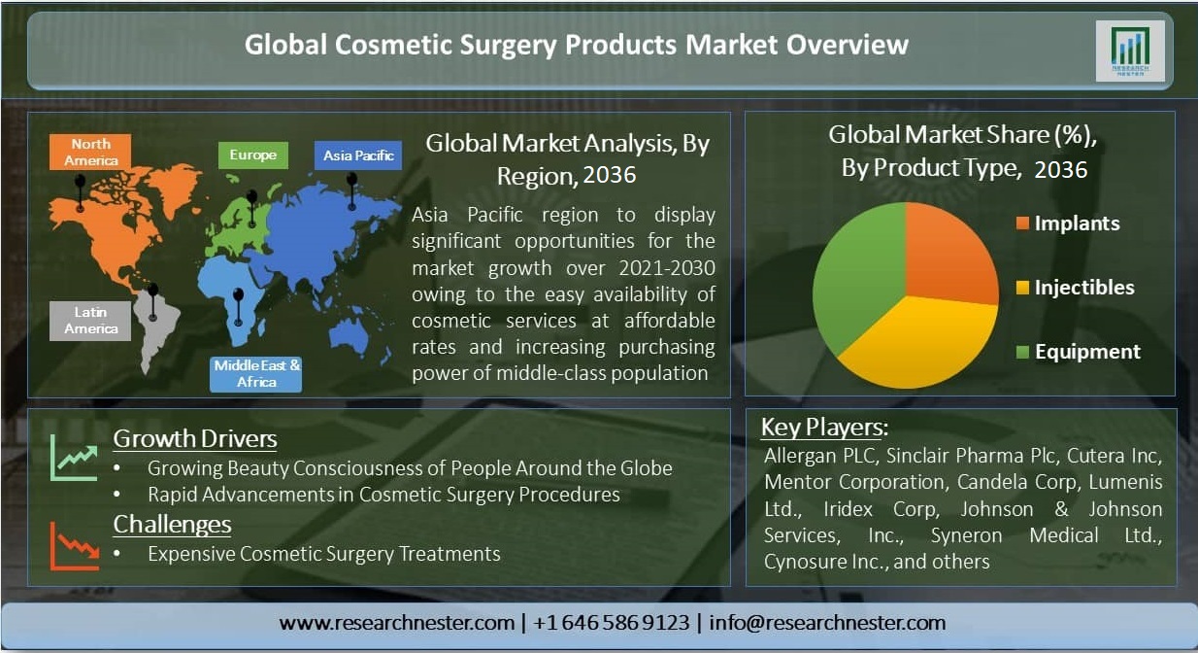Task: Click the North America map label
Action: (x=90, y=152)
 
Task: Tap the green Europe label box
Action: (x=253, y=155)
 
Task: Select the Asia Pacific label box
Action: (x=358, y=155)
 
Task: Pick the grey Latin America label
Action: (x=90, y=321)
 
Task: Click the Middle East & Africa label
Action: (x=256, y=374)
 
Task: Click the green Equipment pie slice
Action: (x=855, y=278)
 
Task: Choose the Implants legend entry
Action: (x=1068, y=223)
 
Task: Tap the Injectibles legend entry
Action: (x=1075, y=288)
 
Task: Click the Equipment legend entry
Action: (x=1079, y=352)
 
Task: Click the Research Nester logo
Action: (x=1130, y=52)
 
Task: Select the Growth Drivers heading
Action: (x=195, y=439)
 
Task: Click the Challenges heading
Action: (x=172, y=525)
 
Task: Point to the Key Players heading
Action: (x=824, y=428)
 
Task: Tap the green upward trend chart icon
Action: (x=74, y=458)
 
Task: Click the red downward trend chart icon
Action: (x=75, y=546)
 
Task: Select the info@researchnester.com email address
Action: (x=827, y=623)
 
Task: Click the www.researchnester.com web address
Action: (x=397, y=623)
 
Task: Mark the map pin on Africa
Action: (x=239, y=307)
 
